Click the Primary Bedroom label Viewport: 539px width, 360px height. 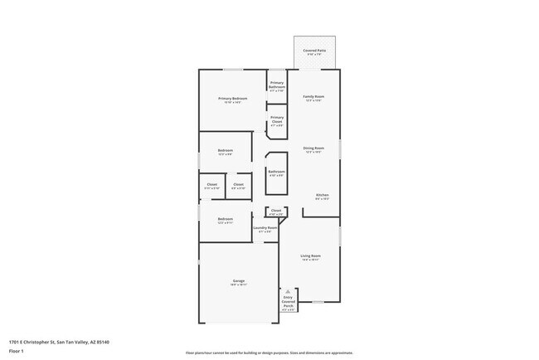pos(232,99)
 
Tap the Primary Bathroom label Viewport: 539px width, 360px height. pos(277,85)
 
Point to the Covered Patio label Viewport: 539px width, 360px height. pos(314,51)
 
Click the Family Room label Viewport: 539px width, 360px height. pos(313,97)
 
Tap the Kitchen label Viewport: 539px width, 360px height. pos(322,195)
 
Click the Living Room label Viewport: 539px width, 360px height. pos(310,255)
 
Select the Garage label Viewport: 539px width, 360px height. pos(238,283)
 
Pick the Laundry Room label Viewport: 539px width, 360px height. pos(265,228)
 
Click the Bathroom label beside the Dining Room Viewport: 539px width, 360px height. pos(276,172)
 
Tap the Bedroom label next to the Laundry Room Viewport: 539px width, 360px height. pos(225,219)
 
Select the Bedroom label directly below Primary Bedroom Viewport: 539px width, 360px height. pos(225,150)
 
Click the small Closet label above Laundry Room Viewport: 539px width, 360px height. pos(275,212)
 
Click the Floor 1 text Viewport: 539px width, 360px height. pos(17,352)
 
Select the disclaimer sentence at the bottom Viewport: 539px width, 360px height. pos(269,353)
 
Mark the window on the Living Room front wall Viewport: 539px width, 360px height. pos(318,302)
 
